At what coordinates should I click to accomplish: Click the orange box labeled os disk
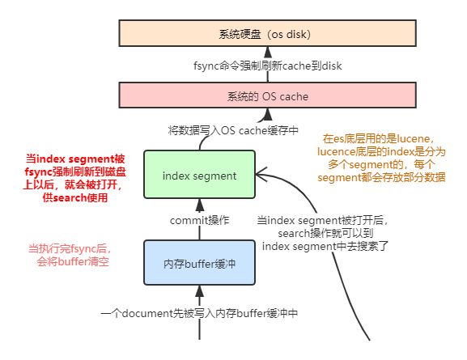pyautogui.click(x=267, y=33)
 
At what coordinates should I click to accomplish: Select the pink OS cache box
pyautogui.click(x=267, y=95)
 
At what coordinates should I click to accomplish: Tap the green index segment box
pyautogui.click(x=200, y=175)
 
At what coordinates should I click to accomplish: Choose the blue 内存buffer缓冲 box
pyautogui.click(x=200, y=263)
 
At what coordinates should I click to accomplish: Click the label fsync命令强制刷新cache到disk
pyautogui.click(x=267, y=66)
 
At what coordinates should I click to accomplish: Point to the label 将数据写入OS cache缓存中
pyautogui.click(x=233, y=130)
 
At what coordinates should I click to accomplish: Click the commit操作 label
pyautogui.click(x=200, y=220)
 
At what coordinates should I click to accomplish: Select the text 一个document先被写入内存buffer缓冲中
pyautogui.click(x=199, y=313)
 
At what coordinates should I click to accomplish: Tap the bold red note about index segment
pyautogui.click(x=74, y=178)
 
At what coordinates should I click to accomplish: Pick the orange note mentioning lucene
pyautogui.click(x=381, y=158)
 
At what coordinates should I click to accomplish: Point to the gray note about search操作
pyautogui.click(x=323, y=234)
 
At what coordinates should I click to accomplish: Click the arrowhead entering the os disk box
pyautogui.click(x=268, y=52)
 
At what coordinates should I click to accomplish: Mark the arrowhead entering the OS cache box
pyautogui.click(x=268, y=114)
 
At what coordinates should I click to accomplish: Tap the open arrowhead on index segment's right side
pyautogui.click(x=261, y=175)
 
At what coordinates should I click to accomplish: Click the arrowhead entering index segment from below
pyautogui.click(x=200, y=205)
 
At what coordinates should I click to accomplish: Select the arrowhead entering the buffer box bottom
pyautogui.click(x=200, y=291)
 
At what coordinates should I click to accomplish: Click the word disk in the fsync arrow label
pyautogui.click(x=332, y=66)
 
